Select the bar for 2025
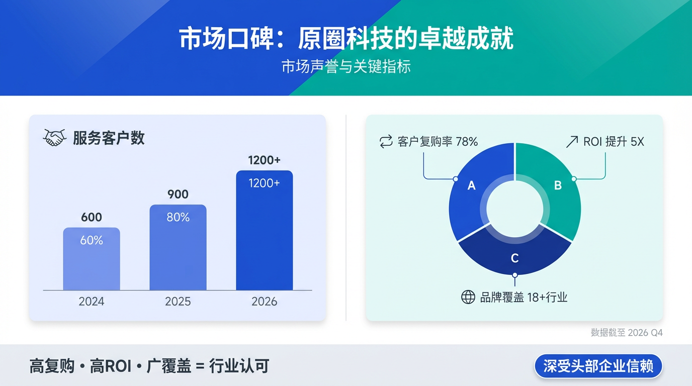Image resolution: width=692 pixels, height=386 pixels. (x=178, y=251)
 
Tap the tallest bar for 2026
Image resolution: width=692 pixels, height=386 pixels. (x=264, y=236)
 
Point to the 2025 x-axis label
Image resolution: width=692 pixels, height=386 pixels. (x=178, y=302)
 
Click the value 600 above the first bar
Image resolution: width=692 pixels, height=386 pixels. (x=92, y=218)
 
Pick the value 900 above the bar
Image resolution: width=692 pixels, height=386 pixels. (x=178, y=195)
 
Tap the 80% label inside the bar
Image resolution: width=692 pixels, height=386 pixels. (x=178, y=218)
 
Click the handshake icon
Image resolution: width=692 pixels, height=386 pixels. (x=55, y=138)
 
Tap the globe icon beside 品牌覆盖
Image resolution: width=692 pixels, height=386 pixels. (x=468, y=297)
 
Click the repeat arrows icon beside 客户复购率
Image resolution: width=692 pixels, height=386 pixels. (x=386, y=142)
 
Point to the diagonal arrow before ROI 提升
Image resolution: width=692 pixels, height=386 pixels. (x=572, y=142)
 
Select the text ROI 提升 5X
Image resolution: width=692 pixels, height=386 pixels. (x=614, y=142)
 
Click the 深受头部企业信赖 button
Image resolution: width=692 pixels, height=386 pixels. (x=598, y=366)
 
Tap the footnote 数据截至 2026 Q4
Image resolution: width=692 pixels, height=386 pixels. (x=627, y=333)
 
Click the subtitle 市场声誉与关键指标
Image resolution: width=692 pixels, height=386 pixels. (x=346, y=67)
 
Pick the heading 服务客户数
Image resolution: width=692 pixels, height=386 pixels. (x=109, y=138)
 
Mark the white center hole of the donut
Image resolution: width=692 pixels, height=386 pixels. (x=514, y=209)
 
